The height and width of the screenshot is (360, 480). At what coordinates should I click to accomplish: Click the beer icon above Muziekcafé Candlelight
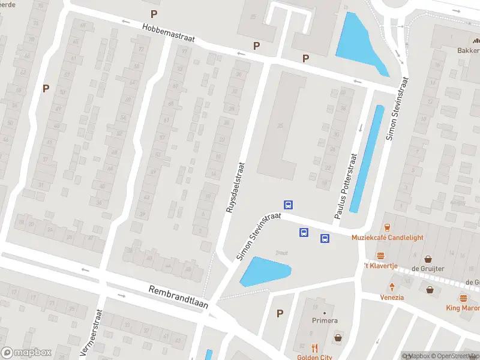387,227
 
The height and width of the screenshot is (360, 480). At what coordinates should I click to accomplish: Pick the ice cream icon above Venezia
392,287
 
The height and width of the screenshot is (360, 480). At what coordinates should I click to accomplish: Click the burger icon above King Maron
463,298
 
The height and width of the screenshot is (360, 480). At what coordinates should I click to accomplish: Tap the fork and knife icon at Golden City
314,348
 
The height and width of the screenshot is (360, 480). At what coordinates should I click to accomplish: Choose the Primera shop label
325,321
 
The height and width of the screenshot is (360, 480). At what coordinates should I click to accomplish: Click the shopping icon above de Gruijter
428,259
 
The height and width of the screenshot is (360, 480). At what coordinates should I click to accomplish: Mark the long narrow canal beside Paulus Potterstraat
367,159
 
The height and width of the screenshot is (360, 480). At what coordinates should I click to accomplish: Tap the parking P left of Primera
280,313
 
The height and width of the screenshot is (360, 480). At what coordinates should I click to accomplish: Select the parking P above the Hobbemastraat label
154,14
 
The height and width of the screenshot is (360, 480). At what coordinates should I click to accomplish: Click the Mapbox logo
26,352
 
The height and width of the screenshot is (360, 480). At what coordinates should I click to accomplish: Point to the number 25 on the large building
280,125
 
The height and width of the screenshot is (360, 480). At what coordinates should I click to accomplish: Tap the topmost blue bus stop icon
288,205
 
